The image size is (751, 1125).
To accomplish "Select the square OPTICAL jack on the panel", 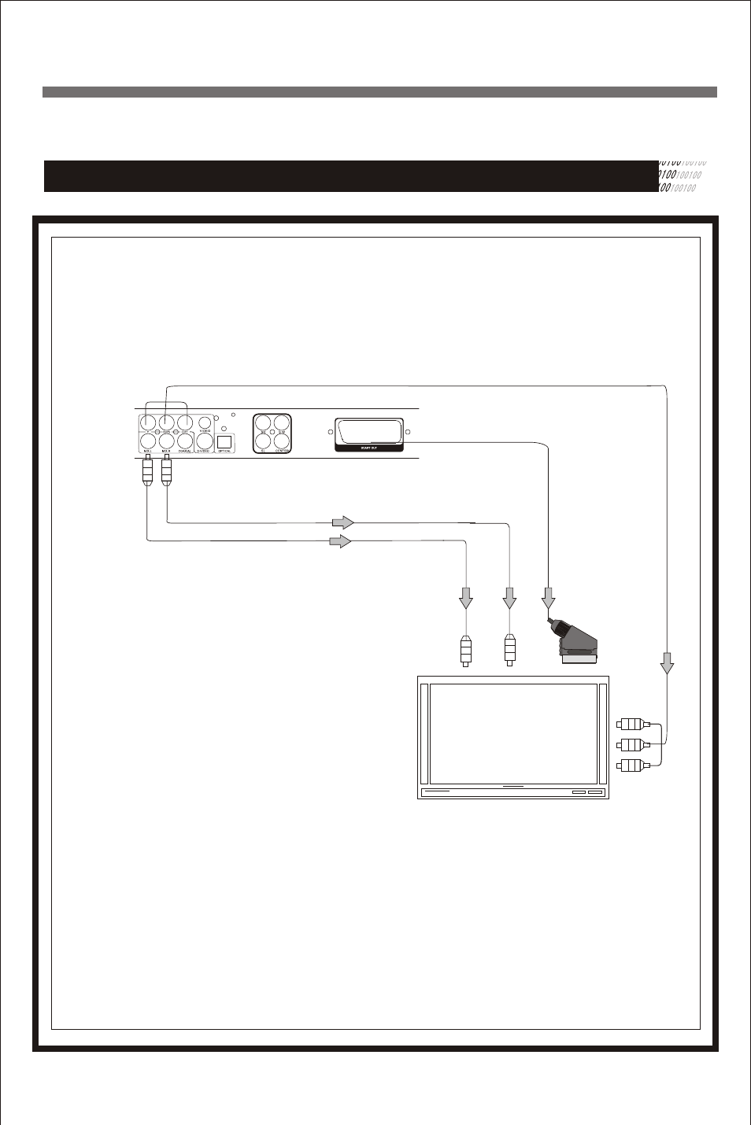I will click(x=224, y=441).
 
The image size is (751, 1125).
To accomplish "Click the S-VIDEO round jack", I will click(x=205, y=441).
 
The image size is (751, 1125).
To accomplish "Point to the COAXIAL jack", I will click(x=185, y=441).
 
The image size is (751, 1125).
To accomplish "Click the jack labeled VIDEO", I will click(x=205, y=422).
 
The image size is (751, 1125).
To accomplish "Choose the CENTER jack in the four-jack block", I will click(x=282, y=441).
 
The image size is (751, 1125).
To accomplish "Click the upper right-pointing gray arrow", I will click(x=342, y=522).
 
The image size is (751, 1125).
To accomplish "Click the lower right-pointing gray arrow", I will click(x=339, y=541).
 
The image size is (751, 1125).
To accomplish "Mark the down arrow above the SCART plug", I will click(x=549, y=598).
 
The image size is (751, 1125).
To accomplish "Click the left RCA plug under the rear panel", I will click(x=147, y=472).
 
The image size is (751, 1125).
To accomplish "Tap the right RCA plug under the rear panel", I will click(x=166, y=472).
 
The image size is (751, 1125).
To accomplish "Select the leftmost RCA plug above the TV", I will click(x=466, y=651).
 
